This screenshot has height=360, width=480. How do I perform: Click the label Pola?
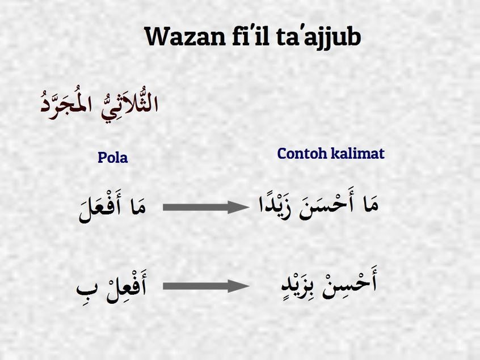[x=113, y=158]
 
